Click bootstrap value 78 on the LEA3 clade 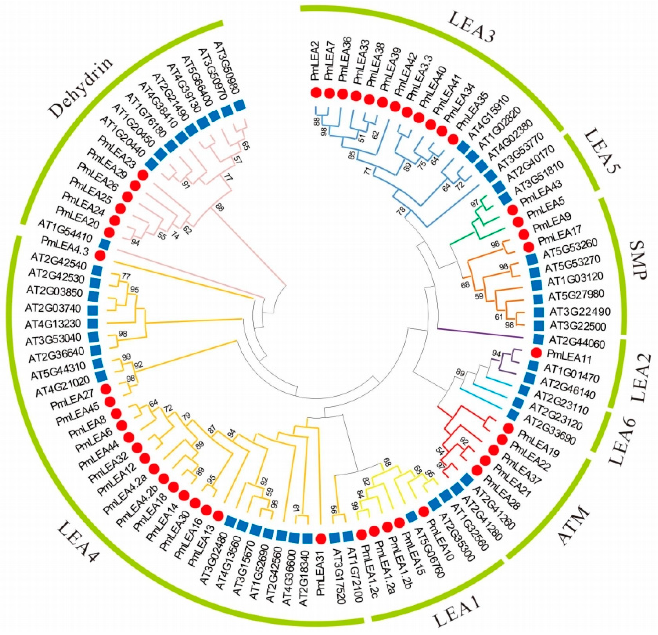point(399,211)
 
